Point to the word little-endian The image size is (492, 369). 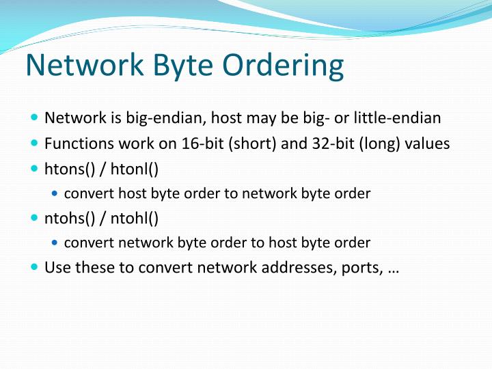(x=397, y=118)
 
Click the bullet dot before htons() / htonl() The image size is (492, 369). (x=35, y=168)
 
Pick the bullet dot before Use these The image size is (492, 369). (x=35, y=266)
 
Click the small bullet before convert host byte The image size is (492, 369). (x=56, y=193)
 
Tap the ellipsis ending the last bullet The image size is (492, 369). (x=393, y=269)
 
